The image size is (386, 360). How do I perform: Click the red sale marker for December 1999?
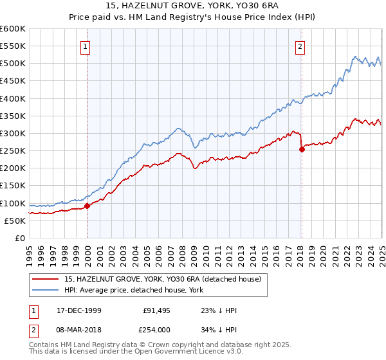click(x=87, y=206)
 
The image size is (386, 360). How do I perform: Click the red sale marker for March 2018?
click(x=302, y=149)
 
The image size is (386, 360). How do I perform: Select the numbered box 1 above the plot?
click(x=86, y=46)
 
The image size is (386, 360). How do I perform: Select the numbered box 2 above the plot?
click(x=300, y=46)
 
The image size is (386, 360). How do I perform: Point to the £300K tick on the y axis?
click(x=12, y=133)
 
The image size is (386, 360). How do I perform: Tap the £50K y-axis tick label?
click(x=15, y=221)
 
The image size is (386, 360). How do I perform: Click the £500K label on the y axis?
click(x=12, y=63)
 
